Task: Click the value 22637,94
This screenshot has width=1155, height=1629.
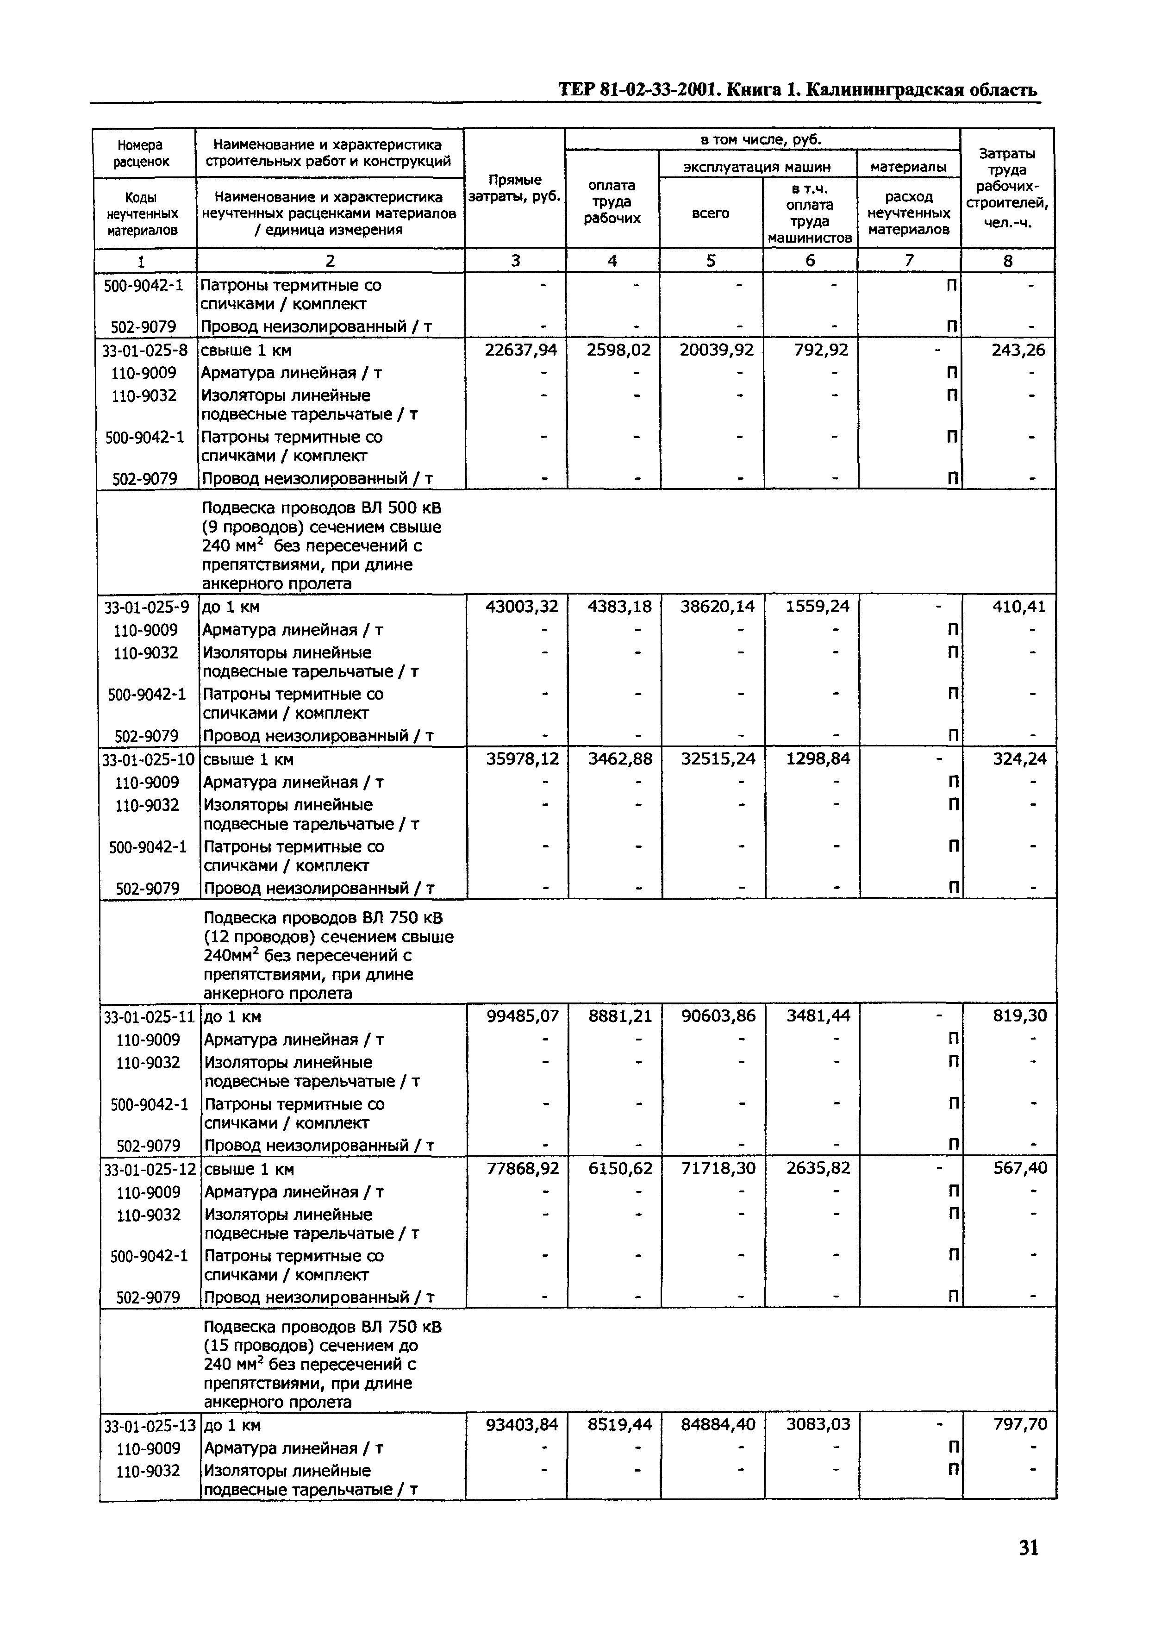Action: point(521,350)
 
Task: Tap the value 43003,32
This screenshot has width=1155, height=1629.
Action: point(521,607)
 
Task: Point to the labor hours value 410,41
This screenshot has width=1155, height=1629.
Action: point(1019,607)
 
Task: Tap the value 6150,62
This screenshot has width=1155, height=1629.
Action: point(620,1169)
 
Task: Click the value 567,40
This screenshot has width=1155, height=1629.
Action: point(1020,1169)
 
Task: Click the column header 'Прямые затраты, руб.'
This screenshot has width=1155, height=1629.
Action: point(515,188)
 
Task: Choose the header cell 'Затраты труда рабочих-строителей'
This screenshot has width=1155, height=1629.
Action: point(1007,188)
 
